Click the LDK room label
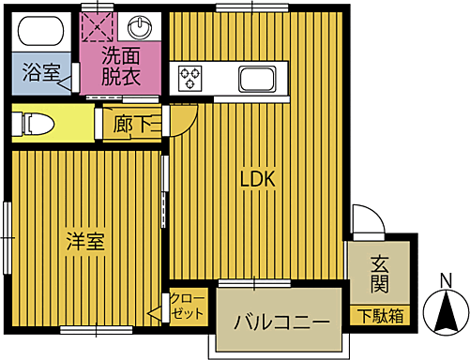[256, 178]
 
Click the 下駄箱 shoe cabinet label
[380, 315]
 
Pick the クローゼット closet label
[189, 307]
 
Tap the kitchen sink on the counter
[255, 77]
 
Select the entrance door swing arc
[370, 218]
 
